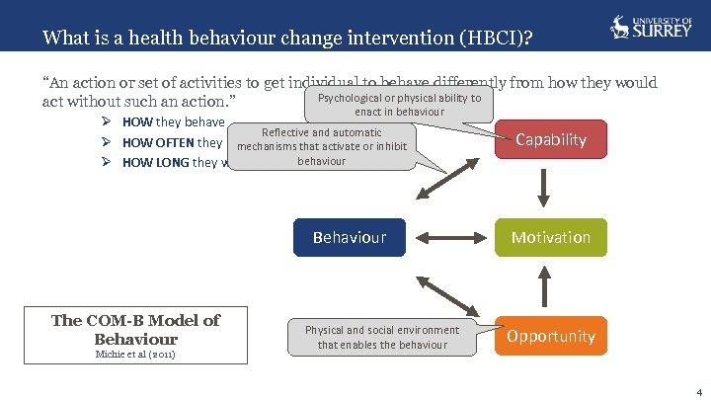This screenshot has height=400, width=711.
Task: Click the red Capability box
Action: click(x=551, y=139)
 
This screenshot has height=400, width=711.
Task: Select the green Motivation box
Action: click(x=551, y=237)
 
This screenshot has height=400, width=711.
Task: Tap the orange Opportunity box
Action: click(x=551, y=336)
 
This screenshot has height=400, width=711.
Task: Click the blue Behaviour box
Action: click(x=349, y=237)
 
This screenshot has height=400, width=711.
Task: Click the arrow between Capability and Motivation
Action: click(x=551, y=188)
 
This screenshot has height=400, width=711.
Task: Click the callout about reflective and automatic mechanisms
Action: click(x=321, y=146)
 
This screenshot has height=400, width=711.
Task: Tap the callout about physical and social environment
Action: click(x=381, y=337)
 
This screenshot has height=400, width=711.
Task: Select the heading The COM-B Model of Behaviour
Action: click(x=135, y=329)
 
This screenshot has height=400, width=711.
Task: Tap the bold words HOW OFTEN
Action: click(x=158, y=143)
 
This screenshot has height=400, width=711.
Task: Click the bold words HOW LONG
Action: click(x=156, y=163)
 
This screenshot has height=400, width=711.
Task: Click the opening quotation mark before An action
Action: click(x=46, y=82)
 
